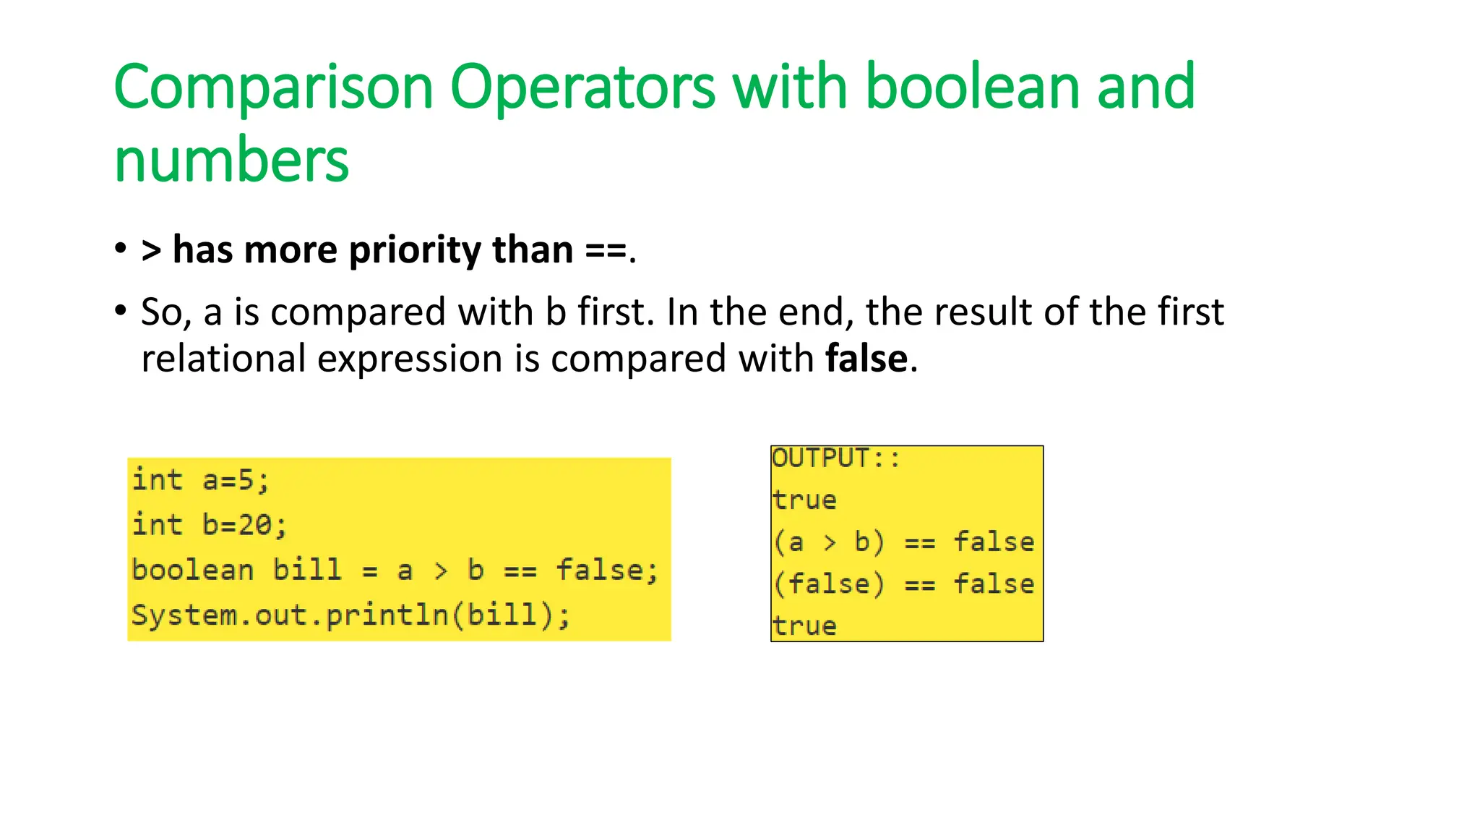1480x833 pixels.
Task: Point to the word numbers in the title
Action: [231, 161]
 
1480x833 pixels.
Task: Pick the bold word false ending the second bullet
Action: [866, 359]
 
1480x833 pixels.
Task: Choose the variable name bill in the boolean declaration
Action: [306, 570]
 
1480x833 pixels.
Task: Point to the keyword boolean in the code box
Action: [192, 570]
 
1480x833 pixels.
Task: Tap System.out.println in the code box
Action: [290, 615]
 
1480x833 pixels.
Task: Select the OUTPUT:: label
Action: [835, 458]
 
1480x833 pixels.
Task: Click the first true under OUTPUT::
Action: [804, 500]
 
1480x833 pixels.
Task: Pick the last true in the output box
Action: [804, 626]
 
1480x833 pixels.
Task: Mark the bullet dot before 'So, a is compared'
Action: [121, 312]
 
